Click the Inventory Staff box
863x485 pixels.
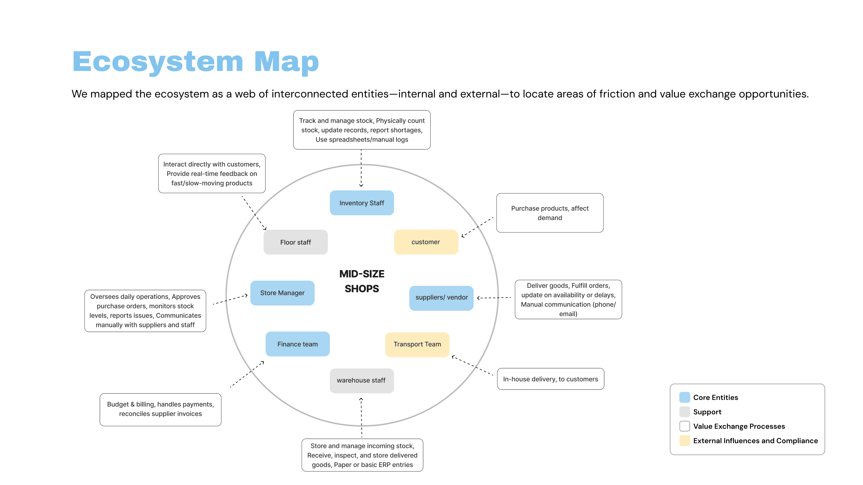point(361,203)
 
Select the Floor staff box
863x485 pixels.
point(295,242)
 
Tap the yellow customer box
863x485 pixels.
point(426,242)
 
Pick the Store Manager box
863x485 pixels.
point(282,293)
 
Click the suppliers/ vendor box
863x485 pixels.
point(441,298)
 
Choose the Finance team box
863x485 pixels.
point(298,344)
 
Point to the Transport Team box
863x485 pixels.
point(417,344)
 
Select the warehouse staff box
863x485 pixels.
point(361,381)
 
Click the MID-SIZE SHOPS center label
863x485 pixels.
point(362,281)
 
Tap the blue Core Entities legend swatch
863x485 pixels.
point(684,397)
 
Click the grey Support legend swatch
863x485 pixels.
point(684,412)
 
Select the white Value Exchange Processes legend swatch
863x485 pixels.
point(684,426)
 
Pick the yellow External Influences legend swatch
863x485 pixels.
point(684,440)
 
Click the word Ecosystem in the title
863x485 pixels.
point(157,62)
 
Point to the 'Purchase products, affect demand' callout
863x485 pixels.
point(550,213)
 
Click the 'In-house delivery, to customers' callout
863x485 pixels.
point(550,379)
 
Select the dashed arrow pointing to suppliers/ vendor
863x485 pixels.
point(494,298)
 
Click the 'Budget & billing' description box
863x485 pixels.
point(161,409)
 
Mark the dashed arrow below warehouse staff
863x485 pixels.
point(361,418)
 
